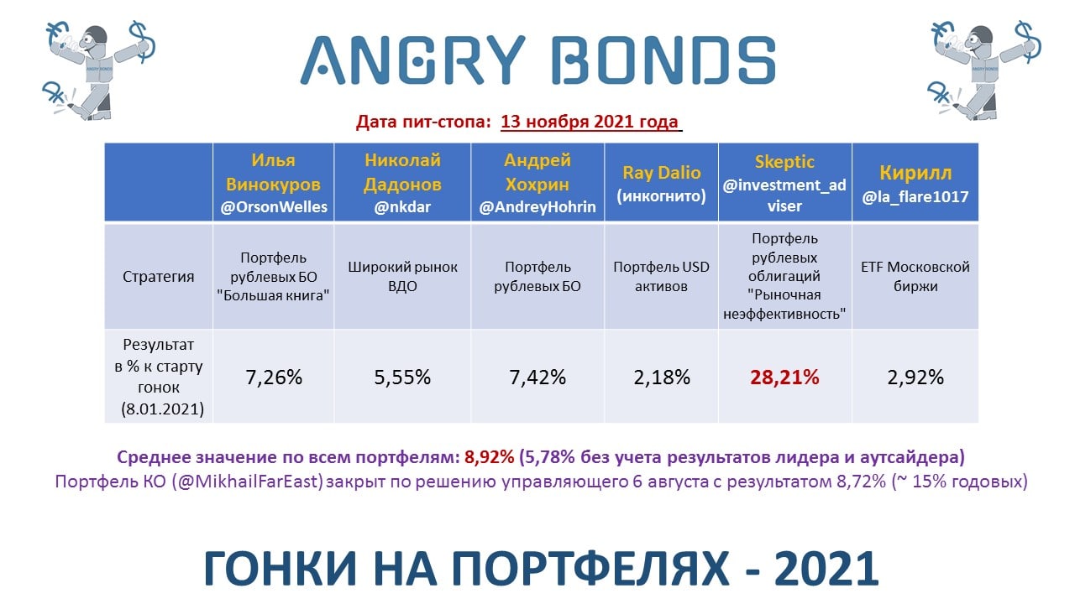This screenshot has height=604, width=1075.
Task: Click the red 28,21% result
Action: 784,377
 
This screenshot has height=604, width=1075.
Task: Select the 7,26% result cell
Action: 274,377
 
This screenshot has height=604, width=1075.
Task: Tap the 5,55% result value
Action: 402,377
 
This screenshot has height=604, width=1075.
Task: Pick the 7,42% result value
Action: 537,377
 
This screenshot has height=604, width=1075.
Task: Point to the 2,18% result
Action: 661,377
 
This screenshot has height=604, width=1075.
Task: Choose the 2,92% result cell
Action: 915,377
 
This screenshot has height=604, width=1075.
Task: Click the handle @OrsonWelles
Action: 274,207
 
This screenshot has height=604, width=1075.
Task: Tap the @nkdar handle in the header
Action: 402,207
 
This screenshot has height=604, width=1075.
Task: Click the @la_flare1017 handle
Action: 915,196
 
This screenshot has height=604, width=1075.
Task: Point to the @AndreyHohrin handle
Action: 537,207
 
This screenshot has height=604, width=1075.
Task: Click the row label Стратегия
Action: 159,277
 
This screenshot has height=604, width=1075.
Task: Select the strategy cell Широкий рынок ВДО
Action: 402,277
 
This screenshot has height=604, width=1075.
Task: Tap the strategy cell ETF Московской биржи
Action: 915,277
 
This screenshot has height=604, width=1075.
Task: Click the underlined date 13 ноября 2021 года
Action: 590,122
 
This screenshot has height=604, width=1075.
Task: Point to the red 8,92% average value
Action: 489,457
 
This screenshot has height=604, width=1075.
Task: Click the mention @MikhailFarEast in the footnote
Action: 248,482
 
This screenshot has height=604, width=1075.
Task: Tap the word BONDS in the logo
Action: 663,60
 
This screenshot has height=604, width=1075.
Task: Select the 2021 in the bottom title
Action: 826,569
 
